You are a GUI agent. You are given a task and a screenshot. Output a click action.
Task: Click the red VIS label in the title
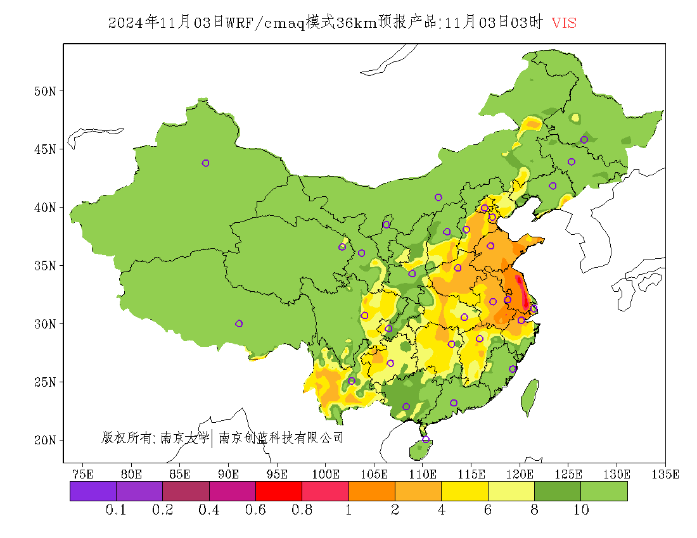pyautogui.click(x=564, y=23)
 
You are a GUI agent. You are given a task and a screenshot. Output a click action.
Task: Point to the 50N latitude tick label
pyautogui.click(x=44, y=91)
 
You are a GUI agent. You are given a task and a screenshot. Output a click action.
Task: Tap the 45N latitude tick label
pyautogui.click(x=44, y=149)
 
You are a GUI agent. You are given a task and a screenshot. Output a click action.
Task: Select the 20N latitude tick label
pyautogui.click(x=44, y=440)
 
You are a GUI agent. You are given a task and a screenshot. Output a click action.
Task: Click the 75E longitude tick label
pyautogui.click(x=82, y=473)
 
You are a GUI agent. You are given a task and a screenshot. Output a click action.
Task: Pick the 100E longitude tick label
pyautogui.click(x=325, y=473)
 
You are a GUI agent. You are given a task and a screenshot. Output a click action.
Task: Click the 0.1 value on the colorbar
pyautogui.click(x=117, y=510)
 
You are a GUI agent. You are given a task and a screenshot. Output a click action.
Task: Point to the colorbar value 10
pyautogui.click(x=581, y=510)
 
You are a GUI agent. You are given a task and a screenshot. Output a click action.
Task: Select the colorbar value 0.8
pyautogui.click(x=302, y=510)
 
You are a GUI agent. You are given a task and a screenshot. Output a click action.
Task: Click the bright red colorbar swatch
pyautogui.click(x=279, y=491)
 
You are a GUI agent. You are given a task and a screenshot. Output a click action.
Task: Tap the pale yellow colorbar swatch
pyautogui.click(x=511, y=491)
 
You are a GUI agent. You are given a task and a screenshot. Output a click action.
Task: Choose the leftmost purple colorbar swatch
pyautogui.click(x=93, y=491)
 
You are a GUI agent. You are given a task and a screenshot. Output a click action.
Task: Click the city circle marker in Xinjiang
pyautogui.click(x=205, y=163)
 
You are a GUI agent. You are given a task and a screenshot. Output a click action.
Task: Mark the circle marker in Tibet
pyautogui.click(x=239, y=323)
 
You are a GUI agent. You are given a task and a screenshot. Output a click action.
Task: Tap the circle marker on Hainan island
pyautogui.click(x=426, y=439)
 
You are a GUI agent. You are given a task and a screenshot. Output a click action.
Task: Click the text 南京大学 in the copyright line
pyautogui.click(x=184, y=437)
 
